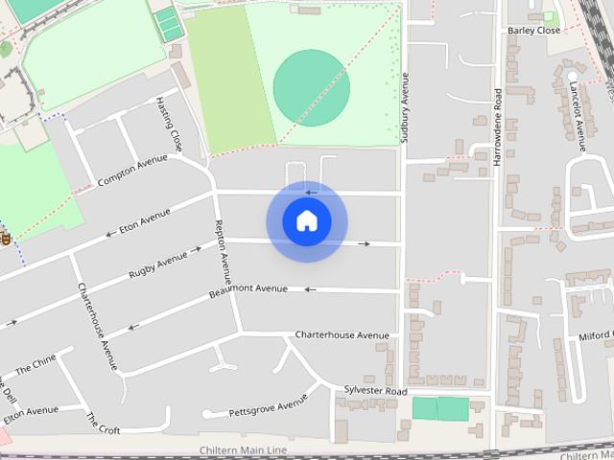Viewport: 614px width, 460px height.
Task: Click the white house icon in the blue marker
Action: click(306, 221)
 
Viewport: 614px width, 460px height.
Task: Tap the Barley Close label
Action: click(533, 31)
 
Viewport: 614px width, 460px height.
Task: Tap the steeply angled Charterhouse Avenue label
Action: click(97, 327)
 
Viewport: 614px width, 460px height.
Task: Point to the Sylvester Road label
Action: click(375, 392)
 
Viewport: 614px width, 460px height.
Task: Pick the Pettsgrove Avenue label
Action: click(268, 406)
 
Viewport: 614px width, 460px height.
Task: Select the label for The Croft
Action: click(104, 423)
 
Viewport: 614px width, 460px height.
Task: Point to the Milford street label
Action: click(594, 336)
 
